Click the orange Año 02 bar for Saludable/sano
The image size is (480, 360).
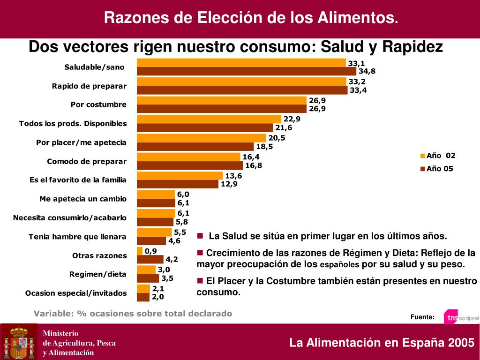241,63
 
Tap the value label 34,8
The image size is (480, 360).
367,71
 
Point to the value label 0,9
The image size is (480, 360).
150,251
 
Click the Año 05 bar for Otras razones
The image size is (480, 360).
150,259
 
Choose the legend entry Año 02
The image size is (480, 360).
438,156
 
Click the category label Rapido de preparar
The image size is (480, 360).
89,86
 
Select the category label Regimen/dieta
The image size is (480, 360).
98,274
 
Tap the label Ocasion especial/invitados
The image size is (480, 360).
76,293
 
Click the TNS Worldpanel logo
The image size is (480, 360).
460,317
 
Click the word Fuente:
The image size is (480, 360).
422,317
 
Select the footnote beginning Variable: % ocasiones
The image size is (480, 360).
133,313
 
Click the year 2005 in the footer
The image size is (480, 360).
461,343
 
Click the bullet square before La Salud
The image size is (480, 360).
200,235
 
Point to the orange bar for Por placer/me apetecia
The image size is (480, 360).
201,138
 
